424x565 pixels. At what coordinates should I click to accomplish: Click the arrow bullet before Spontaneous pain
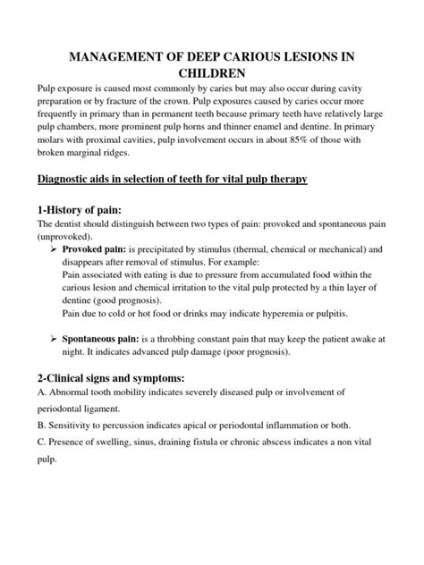pyautogui.click(x=52, y=342)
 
